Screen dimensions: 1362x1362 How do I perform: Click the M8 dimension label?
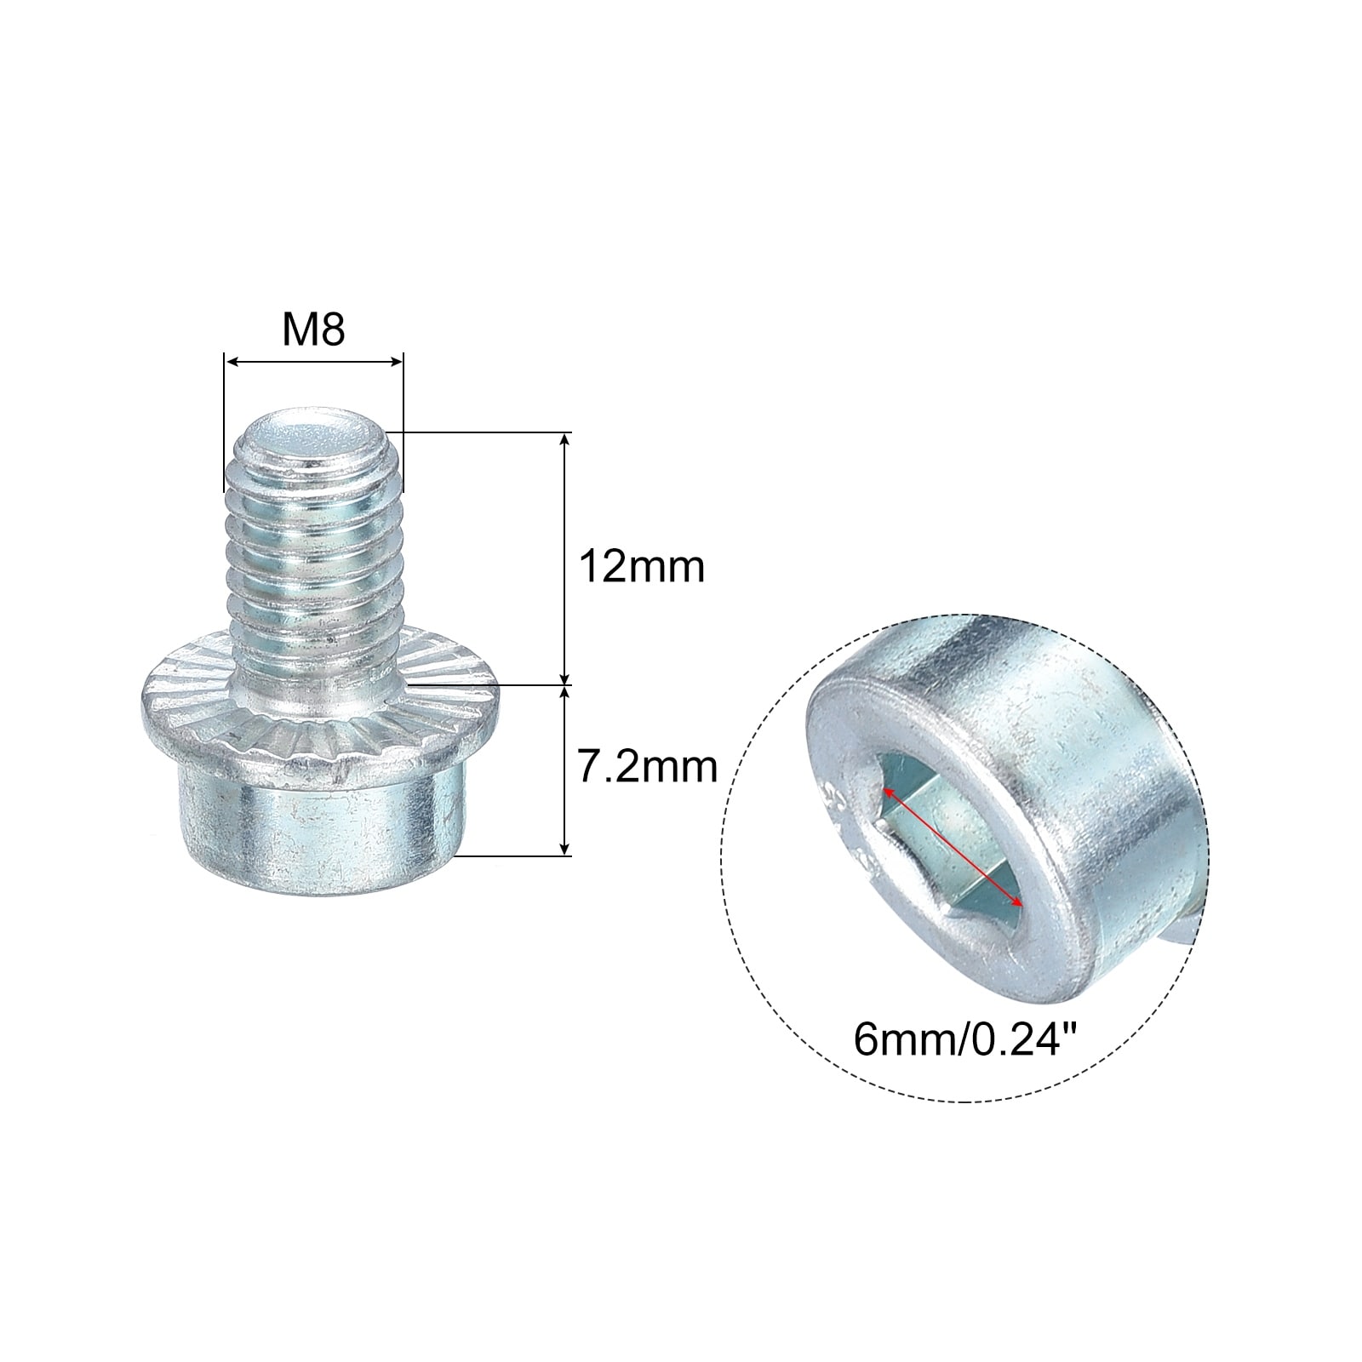point(313,329)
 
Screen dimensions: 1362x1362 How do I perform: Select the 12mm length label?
point(641,566)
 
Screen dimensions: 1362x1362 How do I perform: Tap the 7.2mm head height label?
point(648,767)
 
